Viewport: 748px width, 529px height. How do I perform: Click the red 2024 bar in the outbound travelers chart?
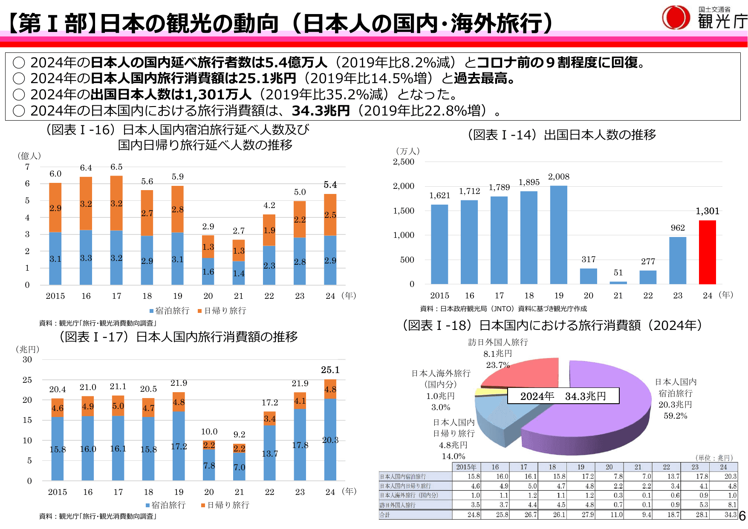click(x=707, y=252)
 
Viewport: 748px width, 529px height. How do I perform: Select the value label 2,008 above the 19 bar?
click(x=558, y=177)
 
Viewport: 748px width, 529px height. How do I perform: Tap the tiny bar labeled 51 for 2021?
click(x=618, y=282)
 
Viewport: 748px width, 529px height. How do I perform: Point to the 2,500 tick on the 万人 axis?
click(x=403, y=162)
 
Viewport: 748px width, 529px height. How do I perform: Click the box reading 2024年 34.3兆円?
click(x=563, y=396)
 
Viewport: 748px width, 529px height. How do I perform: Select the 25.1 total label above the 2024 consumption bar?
click(x=330, y=370)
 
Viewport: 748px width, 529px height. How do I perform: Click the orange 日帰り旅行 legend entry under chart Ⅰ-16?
click(x=222, y=311)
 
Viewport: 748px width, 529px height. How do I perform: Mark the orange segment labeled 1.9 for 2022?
click(x=269, y=230)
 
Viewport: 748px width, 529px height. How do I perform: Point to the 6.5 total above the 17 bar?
click(x=116, y=167)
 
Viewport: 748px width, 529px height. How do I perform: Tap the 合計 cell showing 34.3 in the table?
click(x=730, y=515)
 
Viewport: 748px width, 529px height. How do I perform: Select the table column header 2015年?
click(x=466, y=467)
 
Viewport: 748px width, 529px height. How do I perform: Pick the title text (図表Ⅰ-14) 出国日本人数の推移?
click(x=561, y=135)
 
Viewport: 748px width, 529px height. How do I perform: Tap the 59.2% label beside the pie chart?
click(x=675, y=416)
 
